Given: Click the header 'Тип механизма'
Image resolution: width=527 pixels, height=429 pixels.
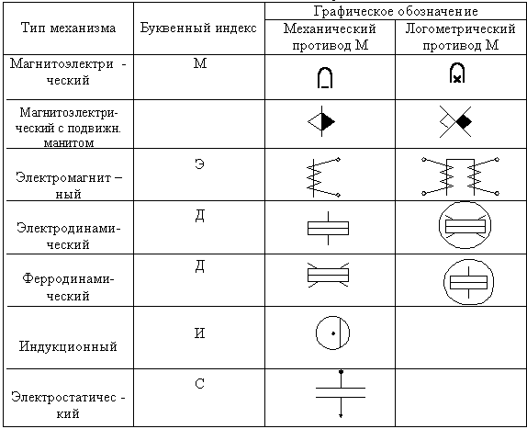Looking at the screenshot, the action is click(x=68, y=28).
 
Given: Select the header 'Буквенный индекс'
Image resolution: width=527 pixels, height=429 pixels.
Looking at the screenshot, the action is click(x=198, y=28).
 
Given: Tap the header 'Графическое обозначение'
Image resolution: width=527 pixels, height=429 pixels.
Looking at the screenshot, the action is click(x=396, y=11).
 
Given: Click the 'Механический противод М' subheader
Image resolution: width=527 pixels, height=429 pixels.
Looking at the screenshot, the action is click(x=330, y=37).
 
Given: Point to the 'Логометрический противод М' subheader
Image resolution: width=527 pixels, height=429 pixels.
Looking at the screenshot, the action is click(x=461, y=37).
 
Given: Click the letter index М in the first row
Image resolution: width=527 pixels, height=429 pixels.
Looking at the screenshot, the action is click(x=200, y=63).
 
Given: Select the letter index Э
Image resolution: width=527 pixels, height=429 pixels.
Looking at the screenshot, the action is click(x=199, y=164).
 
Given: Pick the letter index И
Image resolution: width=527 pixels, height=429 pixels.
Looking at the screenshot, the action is click(x=199, y=333).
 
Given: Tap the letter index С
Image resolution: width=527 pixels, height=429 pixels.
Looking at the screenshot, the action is click(x=199, y=384).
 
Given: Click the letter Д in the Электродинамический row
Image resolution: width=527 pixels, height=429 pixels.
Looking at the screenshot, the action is click(x=199, y=216).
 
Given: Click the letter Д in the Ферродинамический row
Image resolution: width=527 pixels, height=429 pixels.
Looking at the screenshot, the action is click(x=199, y=266).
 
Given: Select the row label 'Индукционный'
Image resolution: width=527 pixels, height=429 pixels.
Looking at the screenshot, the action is click(x=68, y=346).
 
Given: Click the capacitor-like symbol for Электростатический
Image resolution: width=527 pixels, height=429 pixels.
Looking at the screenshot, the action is click(x=341, y=393).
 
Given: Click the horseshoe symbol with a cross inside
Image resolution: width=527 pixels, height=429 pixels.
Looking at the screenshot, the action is click(x=457, y=73).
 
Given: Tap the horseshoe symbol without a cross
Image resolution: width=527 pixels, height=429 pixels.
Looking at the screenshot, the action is click(x=325, y=78).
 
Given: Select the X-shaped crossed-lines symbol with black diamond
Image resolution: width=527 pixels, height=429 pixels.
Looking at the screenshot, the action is click(x=455, y=121).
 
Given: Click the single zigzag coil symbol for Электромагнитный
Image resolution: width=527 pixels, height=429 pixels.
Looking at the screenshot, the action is click(x=323, y=177).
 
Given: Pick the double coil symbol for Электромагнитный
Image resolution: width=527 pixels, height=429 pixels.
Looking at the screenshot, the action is click(x=461, y=176).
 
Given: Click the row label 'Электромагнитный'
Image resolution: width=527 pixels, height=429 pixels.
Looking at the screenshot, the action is click(x=69, y=186).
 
